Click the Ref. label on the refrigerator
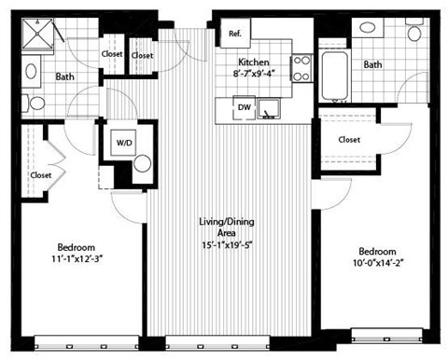(234, 35)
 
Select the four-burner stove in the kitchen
(302, 68)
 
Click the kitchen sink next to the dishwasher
(270, 110)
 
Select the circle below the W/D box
(141, 164)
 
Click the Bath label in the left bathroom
(65, 77)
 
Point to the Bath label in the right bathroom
(372, 64)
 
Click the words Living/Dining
(227, 222)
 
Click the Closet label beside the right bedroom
(349, 139)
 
